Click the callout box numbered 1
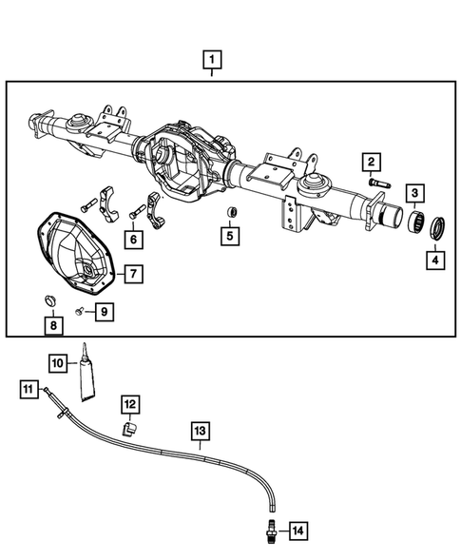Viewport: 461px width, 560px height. point(212,62)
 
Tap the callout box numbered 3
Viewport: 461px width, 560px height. point(416,194)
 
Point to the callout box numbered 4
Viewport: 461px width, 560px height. point(433,258)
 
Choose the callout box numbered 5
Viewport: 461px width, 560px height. point(229,235)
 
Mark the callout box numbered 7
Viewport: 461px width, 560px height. point(133,274)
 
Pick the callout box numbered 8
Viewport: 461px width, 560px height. point(53,326)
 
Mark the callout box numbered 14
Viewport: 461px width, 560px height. point(298,530)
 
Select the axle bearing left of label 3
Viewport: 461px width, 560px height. point(414,224)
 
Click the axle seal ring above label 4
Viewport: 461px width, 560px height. point(438,229)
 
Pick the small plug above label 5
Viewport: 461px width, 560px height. point(229,211)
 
